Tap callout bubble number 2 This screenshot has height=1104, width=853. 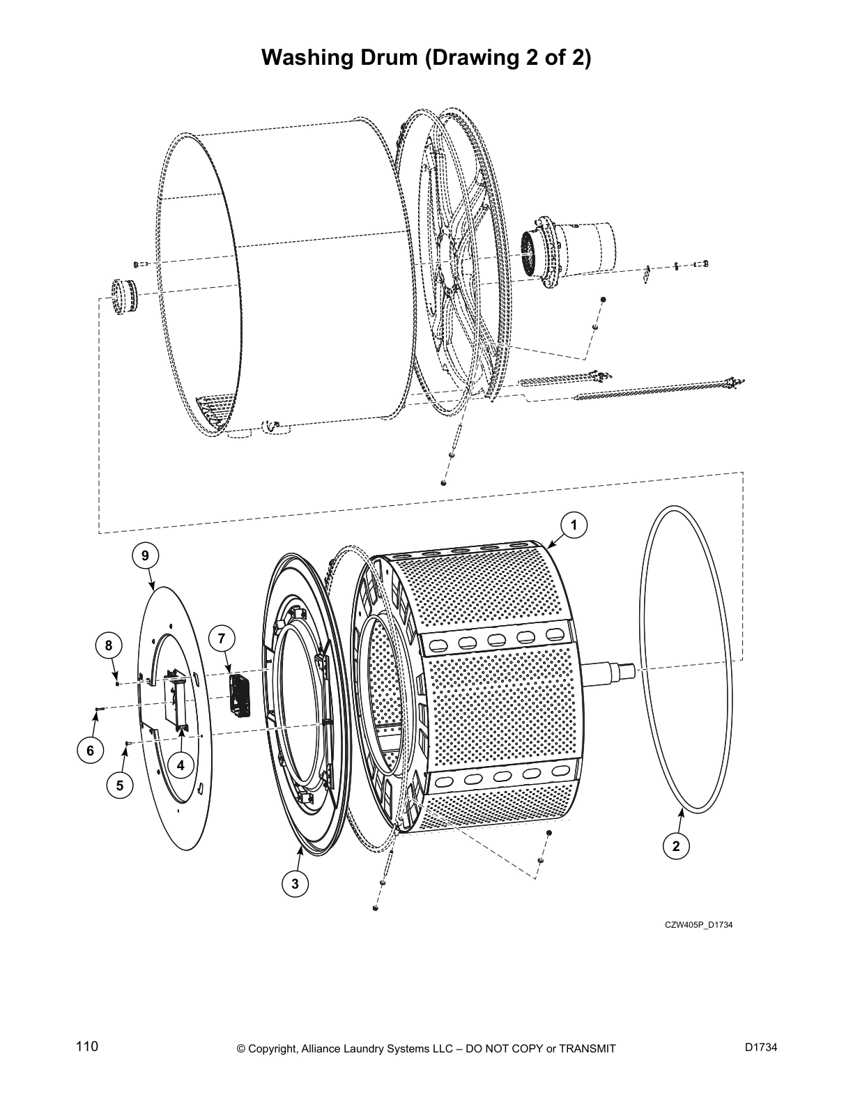pyautogui.click(x=675, y=846)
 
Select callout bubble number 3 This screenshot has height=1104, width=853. pyautogui.click(x=295, y=884)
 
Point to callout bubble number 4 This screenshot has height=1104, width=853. pyautogui.click(x=180, y=765)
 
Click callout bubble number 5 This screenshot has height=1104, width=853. pyautogui.click(x=120, y=785)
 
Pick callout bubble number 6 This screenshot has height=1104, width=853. pyautogui.click(x=90, y=751)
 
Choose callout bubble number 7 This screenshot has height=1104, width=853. pyautogui.click(x=221, y=638)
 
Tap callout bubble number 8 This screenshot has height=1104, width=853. pyautogui.click(x=109, y=645)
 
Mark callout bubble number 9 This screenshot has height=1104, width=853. pyautogui.click(x=145, y=555)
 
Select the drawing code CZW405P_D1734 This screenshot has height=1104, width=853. pyautogui.click(x=698, y=925)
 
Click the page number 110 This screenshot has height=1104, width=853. pyautogui.click(x=87, y=1046)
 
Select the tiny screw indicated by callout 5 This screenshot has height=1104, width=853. pyautogui.click(x=128, y=744)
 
